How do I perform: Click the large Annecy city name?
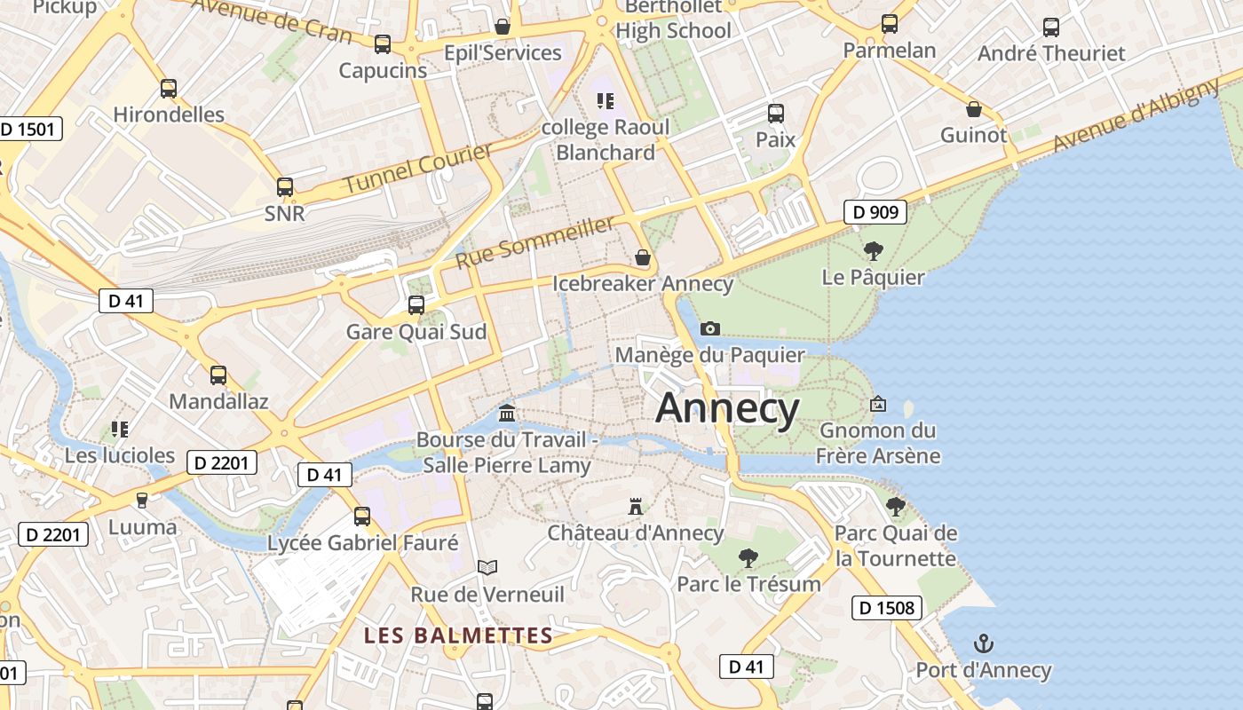[x=727, y=408]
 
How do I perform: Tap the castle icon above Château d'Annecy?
[x=636, y=507]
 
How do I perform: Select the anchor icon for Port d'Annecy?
[x=983, y=643]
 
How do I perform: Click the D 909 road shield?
[x=875, y=212]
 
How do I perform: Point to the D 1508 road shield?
[x=887, y=608]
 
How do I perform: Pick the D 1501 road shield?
[x=28, y=129]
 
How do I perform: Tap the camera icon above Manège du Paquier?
[x=709, y=329]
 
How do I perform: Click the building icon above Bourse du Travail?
[x=507, y=413]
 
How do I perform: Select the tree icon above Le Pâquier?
[x=874, y=251]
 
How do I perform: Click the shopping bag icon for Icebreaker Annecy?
[x=643, y=258]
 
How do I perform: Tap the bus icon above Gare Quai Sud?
[x=416, y=305]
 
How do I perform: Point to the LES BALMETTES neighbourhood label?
[x=458, y=635]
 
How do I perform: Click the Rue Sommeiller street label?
[x=534, y=242]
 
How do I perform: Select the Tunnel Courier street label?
[x=417, y=169]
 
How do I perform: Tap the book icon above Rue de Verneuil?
[x=487, y=567]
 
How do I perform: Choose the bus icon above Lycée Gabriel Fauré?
[x=362, y=516]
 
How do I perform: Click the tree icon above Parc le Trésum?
[x=748, y=557]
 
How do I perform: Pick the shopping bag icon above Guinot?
[x=974, y=109]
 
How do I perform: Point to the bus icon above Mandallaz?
[x=218, y=375]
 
